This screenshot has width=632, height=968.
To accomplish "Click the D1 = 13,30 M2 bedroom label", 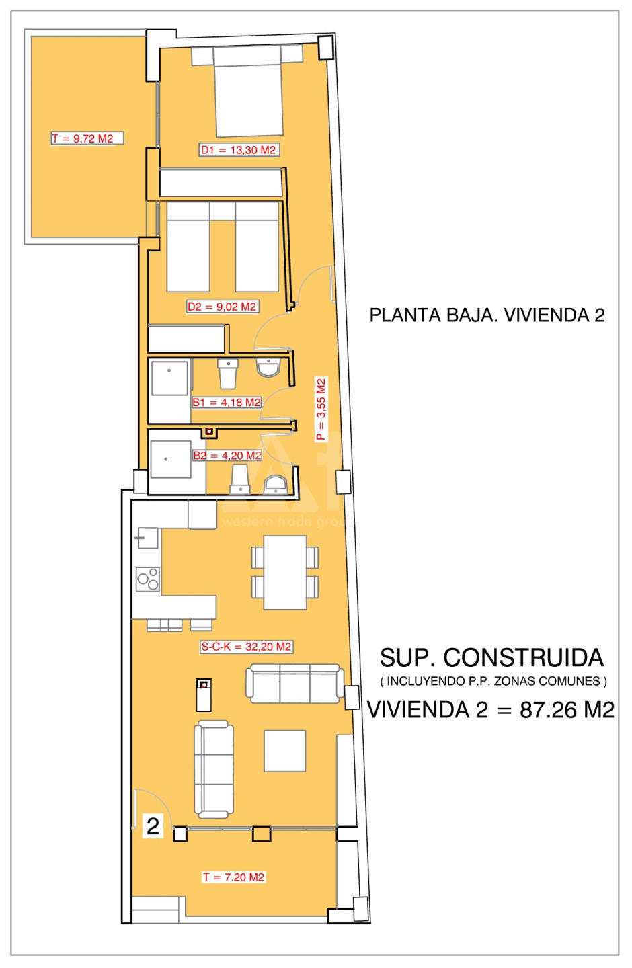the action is click(x=238, y=150).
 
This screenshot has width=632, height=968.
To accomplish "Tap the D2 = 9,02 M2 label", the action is click(x=222, y=307).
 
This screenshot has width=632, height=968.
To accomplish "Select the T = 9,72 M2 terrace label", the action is click(x=83, y=138).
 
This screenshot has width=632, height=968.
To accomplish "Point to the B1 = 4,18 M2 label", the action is click(x=227, y=402).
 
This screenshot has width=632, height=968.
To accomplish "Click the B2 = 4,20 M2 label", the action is click(x=227, y=456).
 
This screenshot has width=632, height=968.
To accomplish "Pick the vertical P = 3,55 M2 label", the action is click(x=321, y=409).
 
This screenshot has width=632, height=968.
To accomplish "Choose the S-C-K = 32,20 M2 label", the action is click(x=246, y=647).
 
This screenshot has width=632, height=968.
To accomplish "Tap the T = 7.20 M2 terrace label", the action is click(x=233, y=877).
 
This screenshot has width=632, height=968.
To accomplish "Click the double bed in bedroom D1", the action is click(x=247, y=91).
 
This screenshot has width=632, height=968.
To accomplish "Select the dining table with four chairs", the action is click(x=285, y=573).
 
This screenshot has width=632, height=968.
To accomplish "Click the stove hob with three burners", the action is click(x=148, y=579).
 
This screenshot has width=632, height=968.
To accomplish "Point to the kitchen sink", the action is click(x=147, y=538).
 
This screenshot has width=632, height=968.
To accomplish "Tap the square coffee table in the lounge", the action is click(x=285, y=751).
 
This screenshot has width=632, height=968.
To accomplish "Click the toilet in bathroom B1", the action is click(x=228, y=373).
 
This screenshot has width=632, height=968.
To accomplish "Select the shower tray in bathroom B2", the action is click(x=171, y=459).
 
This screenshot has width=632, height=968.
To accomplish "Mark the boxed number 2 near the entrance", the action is click(x=153, y=827).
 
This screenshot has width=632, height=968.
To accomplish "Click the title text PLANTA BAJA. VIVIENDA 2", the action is click(x=487, y=315).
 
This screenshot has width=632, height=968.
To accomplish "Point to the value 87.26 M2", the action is click(x=567, y=710).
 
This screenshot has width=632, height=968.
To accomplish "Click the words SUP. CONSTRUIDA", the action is click(x=491, y=658).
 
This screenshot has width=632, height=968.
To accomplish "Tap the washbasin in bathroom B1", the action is click(x=268, y=367).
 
